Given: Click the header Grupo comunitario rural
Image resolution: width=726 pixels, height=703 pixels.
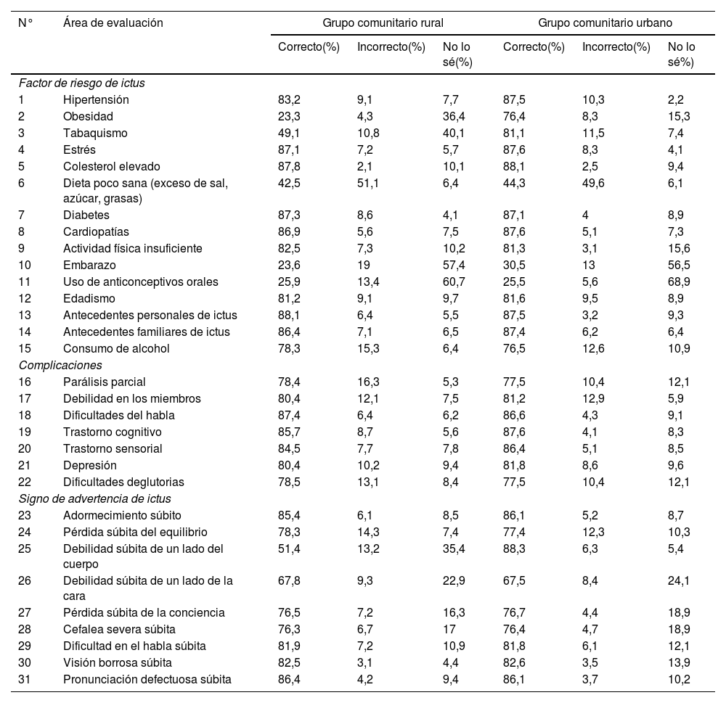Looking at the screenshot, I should coord(383,22).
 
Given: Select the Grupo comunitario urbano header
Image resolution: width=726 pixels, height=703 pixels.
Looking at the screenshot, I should coord(605,22).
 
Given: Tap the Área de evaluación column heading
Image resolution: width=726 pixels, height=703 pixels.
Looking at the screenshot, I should coord(113,22).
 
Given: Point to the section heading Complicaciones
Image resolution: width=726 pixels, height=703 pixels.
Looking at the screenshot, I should coord(60,365).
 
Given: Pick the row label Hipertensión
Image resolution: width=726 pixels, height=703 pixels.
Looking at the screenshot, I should coord(96,99).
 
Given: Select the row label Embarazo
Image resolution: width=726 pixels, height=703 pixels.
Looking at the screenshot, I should coord(89,265).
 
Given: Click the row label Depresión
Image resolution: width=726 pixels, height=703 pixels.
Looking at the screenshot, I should coord(90,465).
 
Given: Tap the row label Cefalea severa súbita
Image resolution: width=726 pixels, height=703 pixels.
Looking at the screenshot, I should coord(119,629).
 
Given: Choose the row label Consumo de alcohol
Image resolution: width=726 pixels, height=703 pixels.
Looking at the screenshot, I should coord(116,348).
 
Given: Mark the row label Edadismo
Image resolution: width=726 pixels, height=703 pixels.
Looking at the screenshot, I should coord(89,298).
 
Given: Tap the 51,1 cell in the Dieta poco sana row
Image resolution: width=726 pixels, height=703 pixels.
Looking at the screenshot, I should coord(367,183).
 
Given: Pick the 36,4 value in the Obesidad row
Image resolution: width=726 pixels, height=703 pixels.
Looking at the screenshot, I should coord(454,116).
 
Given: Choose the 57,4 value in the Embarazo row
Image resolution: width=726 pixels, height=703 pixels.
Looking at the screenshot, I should coord(454,265).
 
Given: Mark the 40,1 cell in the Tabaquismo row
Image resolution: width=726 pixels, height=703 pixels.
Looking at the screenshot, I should coord(454,133).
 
